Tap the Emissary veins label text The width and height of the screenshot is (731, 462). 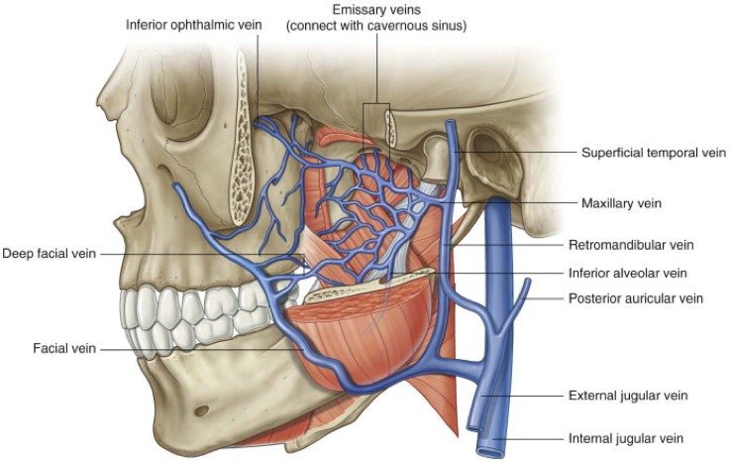(x=375, y=9)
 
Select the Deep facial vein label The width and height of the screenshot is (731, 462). (x=50, y=254)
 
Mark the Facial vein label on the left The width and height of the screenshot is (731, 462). (x=64, y=347)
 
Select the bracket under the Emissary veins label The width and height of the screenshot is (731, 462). (x=375, y=105)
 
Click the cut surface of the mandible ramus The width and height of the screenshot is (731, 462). (x=352, y=289)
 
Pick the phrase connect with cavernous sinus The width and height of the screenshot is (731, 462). (x=375, y=26)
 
